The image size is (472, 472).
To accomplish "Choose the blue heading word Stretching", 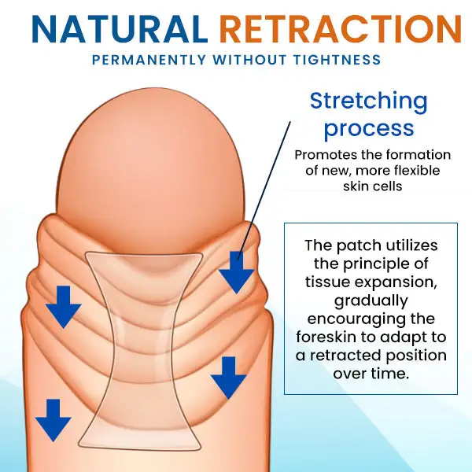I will click(x=368, y=101).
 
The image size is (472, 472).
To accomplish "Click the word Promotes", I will click(x=323, y=156).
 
